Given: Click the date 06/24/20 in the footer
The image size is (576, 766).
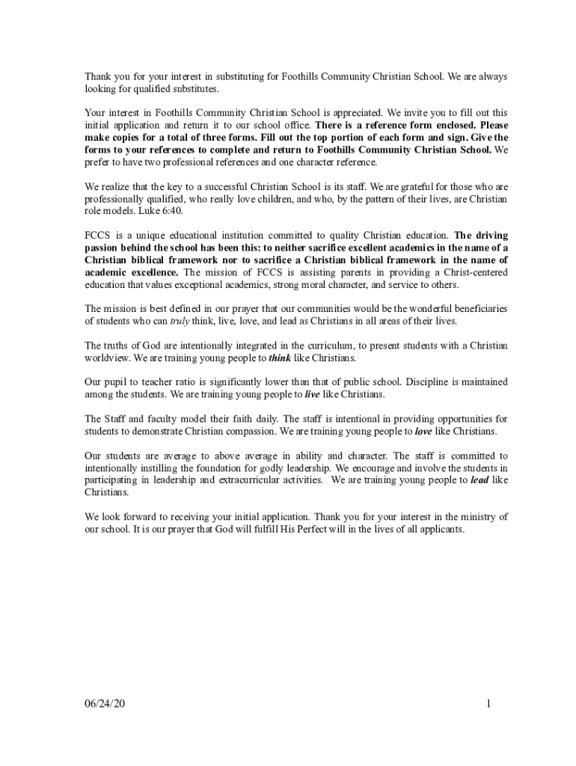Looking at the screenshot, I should point(105,704).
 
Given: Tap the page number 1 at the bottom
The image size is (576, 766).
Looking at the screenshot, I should point(487,704).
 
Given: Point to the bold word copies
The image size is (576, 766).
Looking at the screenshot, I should point(138,138).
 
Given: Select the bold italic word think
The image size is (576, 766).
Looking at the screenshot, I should point(280,358).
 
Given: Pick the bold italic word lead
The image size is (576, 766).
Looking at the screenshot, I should point(480,479).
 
